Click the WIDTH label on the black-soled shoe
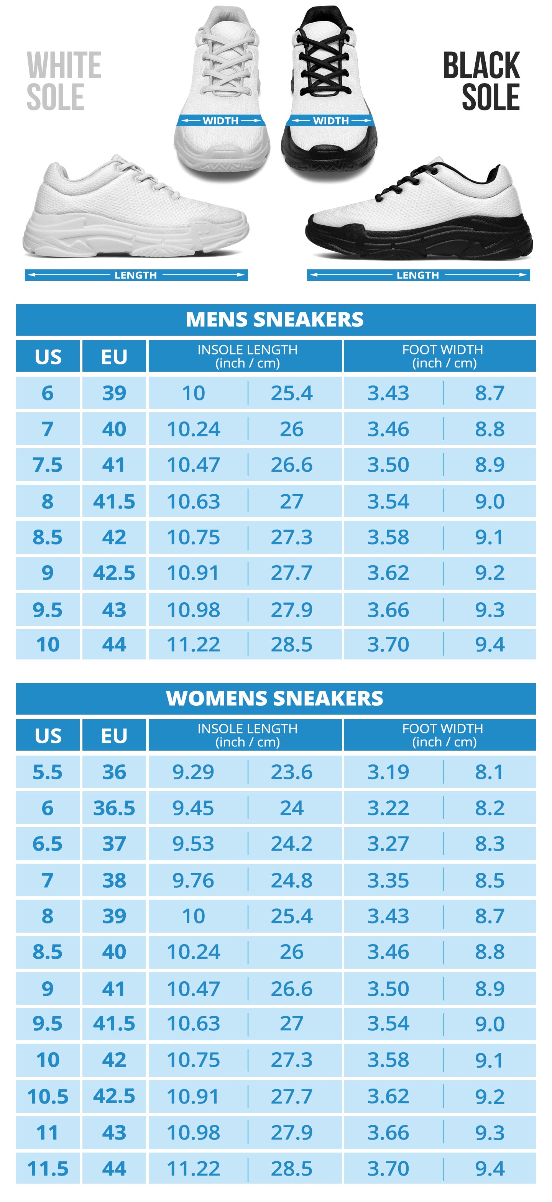[x=331, y=121]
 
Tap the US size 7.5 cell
[x=48, y=465]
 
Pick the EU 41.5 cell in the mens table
[x=114, y=502]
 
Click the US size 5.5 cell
[x=48, y=772]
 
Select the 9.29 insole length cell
[x=193, y=772]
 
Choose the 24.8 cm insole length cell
[x=291, y=881]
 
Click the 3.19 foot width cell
[x=388, y=772]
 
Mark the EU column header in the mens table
[x=114, y=357]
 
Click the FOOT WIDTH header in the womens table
[x=443, y=735]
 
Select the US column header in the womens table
[x=48, y=736]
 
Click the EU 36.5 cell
[x=114, y=808]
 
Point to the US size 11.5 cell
[x=48, y=1169]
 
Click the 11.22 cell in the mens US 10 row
[x=193, y=645]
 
